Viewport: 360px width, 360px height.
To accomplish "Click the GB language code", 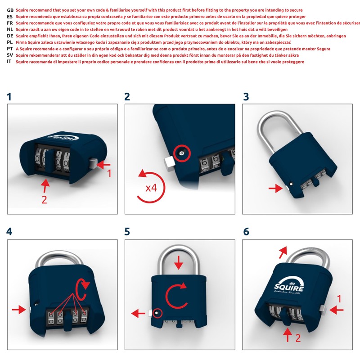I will coord(9,10).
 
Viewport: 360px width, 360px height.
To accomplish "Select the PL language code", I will coord(9,42).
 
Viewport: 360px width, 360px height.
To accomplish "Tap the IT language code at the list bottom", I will coord(9,61).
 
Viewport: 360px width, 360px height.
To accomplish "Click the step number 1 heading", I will coord(9,96).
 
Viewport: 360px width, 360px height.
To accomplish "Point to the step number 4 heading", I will coord(9,231).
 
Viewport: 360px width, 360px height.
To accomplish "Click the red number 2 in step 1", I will coord(44,200).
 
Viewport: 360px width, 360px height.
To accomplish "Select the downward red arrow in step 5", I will coord(180,262).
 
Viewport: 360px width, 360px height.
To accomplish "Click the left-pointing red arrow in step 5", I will coord(137,312).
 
